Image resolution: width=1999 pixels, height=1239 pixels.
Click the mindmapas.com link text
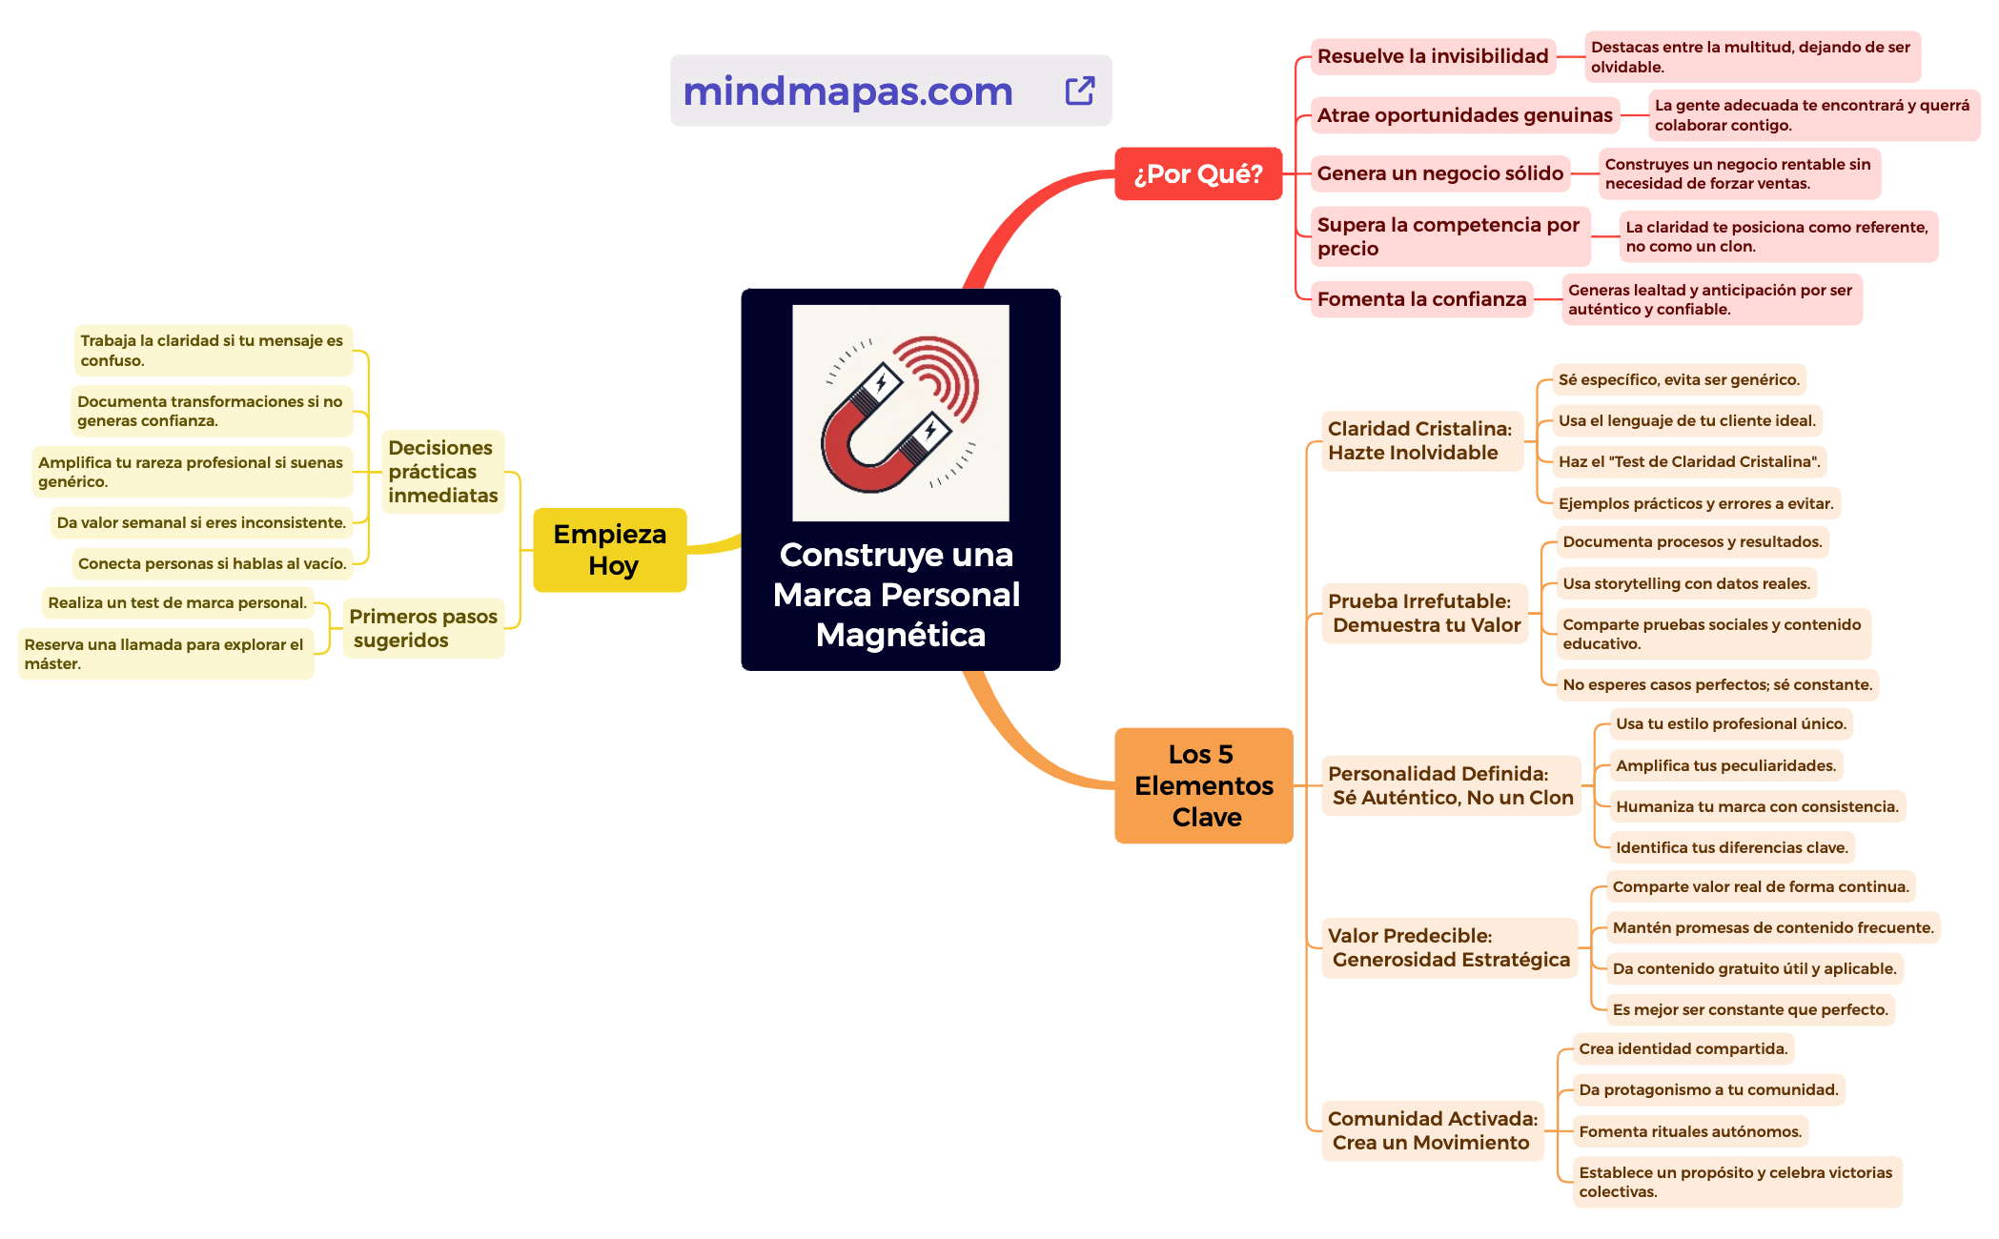pos(847,91)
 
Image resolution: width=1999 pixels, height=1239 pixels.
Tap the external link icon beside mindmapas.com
pos(1079,91)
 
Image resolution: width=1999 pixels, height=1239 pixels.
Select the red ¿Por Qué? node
pos(1197,173)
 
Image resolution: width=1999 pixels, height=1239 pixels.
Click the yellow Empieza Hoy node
pos(610,550)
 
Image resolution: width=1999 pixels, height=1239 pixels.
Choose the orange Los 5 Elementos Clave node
pos(1203,785)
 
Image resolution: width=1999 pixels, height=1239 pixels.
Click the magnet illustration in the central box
pos(900,413)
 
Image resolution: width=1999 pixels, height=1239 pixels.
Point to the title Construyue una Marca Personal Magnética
pos(897,595)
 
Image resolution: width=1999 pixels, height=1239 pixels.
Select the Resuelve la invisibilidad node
pos(1432,56)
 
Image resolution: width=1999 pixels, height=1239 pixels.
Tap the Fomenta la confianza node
pos(1421,299)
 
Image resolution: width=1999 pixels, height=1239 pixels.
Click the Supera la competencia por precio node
pos(1448,236)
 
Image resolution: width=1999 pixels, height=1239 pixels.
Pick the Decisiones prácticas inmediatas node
pos(442,472)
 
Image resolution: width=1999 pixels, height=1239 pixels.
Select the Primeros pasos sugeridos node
pos(422,628)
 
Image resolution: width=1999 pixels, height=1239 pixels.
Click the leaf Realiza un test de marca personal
pos(177,602)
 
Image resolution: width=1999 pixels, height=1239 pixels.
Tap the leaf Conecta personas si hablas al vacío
pos(212,563)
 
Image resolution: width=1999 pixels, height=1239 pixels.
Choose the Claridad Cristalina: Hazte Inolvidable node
pos(1419,440)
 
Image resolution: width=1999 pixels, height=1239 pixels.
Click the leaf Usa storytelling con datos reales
pos(1685,583)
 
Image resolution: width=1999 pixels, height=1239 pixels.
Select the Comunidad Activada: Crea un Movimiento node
pos(1432,1130)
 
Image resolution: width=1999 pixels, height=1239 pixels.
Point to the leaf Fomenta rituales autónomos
pos(1689,1131)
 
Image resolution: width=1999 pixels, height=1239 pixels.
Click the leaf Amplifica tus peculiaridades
pos(1724,765)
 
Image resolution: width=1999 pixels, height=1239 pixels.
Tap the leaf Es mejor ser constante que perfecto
pos(1749,1009)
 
